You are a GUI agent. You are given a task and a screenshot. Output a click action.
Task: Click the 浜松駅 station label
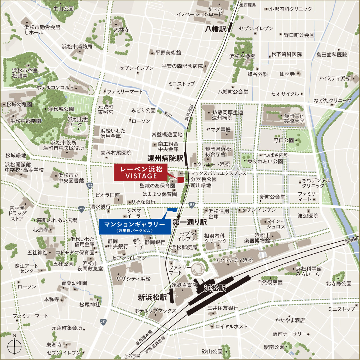click(215, 288)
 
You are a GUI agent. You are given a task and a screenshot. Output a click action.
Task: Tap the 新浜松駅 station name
click(152, 298)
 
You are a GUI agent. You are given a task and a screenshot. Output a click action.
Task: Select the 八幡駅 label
click(215, 29)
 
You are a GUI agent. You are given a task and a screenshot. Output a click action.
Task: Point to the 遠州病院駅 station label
click(165, 158)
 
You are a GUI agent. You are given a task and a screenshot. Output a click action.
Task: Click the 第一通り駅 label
click(190, 222)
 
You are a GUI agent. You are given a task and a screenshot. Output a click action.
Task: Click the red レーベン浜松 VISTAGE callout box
click(141, 173)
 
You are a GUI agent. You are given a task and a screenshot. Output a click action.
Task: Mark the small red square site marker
click(181, 180)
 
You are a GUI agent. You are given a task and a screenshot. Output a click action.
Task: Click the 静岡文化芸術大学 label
click(294, 119)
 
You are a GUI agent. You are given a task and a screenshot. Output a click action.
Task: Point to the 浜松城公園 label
click(61, 109)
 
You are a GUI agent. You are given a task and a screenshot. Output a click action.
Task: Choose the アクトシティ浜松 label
click(234, 260)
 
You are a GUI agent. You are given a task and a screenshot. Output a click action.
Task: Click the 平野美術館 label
click(168, 53)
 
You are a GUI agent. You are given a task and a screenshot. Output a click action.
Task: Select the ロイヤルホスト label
click(231, 327)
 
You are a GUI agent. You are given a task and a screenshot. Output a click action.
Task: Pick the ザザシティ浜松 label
click(133, 279)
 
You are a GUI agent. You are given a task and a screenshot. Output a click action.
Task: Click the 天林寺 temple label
click(121, 30)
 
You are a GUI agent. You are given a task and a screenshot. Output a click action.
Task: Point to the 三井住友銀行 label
click(223, 308)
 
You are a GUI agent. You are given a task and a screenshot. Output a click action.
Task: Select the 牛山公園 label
click(63, 9)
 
